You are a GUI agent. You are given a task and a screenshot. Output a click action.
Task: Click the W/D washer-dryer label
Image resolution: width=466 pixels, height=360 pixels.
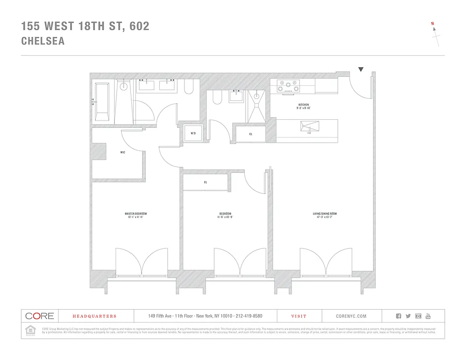pyautogui.click(x=193, y=134)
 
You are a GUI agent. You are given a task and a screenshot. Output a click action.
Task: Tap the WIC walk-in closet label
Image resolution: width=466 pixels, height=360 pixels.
pyautogui.click(x=122, y=153)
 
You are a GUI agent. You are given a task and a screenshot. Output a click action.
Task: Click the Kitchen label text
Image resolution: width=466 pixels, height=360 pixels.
pyautogui.click(x=303, y=105)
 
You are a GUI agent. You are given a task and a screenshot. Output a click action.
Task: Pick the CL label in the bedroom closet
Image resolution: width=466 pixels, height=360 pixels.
pyautogui.click(x=205, y=182)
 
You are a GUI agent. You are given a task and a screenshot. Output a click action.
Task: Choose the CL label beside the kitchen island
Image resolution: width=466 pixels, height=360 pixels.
pyautogui.click(x=251, y=134)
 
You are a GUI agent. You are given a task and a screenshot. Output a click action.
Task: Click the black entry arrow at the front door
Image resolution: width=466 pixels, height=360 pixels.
pyautogui.click(x=361, y=69)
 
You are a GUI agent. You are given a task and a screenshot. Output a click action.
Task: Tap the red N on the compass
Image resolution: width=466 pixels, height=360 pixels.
pyautogui.click(x=432, y=23)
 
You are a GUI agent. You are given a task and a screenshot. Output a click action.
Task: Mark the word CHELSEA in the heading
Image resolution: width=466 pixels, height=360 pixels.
pyautogui.click(x=43, y=41)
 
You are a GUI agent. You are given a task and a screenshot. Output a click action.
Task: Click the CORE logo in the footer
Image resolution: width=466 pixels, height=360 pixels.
pyautogui.click(x=39, y=316)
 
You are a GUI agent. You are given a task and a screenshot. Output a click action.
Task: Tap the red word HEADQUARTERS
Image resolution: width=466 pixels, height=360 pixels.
pyautogui.click(x=94, y=316)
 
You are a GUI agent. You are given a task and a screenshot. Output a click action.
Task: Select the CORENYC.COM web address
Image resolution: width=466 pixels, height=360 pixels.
pyautogui.click(x=351, y=316)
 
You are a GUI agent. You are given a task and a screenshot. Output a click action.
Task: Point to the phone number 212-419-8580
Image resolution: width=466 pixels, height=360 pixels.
pyautogui.click(x=246, y=316)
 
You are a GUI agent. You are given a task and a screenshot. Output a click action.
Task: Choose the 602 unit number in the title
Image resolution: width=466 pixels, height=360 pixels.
pyautogui.click(x=139, y=26)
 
